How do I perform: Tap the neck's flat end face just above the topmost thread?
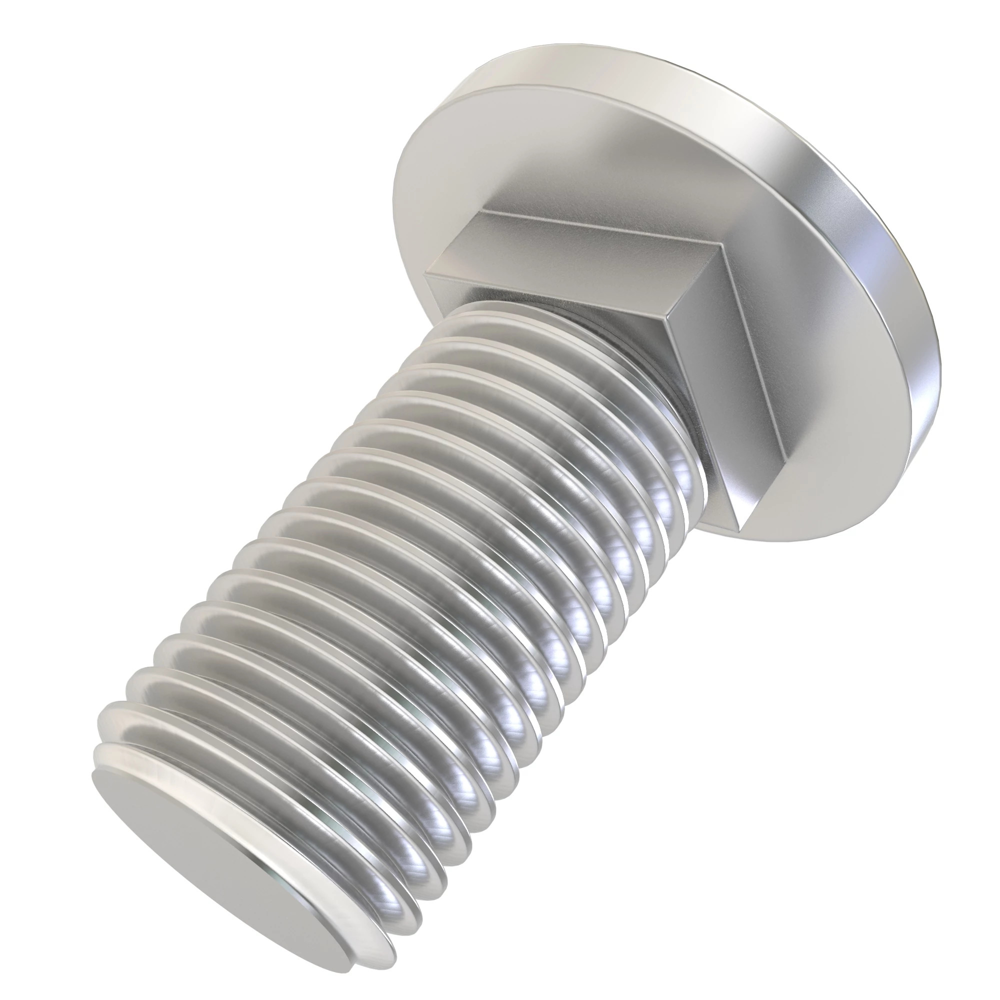click(x=517, y=290)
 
